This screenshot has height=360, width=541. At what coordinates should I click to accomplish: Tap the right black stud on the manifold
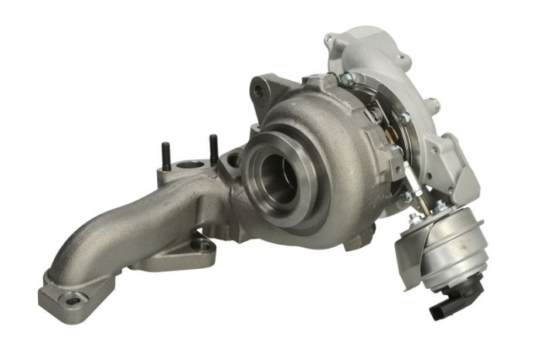[x=213, y=148]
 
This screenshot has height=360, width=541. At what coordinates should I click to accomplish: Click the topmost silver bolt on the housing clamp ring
[x=345, y=78]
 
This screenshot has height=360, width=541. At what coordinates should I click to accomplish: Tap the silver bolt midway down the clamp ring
[x=404, y=118]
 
